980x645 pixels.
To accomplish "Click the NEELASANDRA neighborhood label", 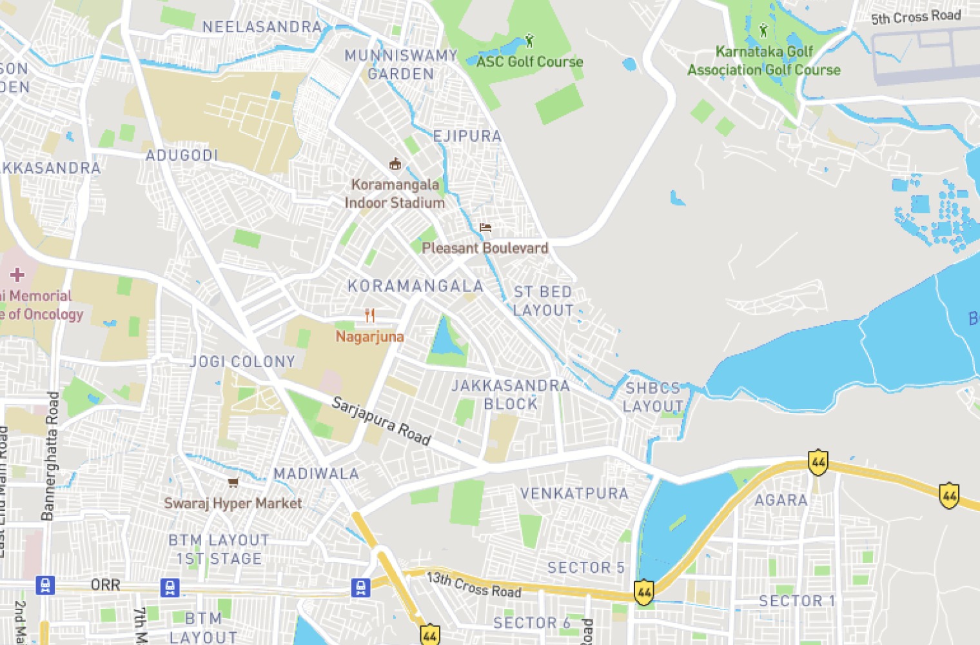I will (x=262, y=26).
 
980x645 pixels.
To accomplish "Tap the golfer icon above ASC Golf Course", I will (x=529, y=41).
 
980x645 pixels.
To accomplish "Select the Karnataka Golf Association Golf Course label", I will (x=764, y=61).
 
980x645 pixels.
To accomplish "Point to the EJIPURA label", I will (x=467, y=136).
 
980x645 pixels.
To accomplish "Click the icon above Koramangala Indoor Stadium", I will (x=395, y=164).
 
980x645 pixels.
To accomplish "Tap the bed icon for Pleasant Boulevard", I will (x=485, y=228).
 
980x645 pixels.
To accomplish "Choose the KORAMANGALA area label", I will (x=415, y=286).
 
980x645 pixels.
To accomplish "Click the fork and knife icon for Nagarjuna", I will (x=369, y=315).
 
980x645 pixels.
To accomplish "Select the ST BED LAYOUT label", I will (x=543, y=301).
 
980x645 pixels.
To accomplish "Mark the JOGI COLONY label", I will (x=242, y=362).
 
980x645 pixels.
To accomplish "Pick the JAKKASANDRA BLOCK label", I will (x=511, y=395).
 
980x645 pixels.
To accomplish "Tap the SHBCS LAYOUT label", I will (x=653, y=397).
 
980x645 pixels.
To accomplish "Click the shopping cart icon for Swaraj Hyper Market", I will (x=233, y=482).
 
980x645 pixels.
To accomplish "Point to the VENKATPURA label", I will (x=574, y=493).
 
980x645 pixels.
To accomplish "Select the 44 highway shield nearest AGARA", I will (x=818, y=462).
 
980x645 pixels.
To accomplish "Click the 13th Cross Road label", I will (x=474, y=585).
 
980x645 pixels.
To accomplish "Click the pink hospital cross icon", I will (x=17, y=275).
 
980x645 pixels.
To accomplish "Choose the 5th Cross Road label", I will (x=916, y=17).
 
